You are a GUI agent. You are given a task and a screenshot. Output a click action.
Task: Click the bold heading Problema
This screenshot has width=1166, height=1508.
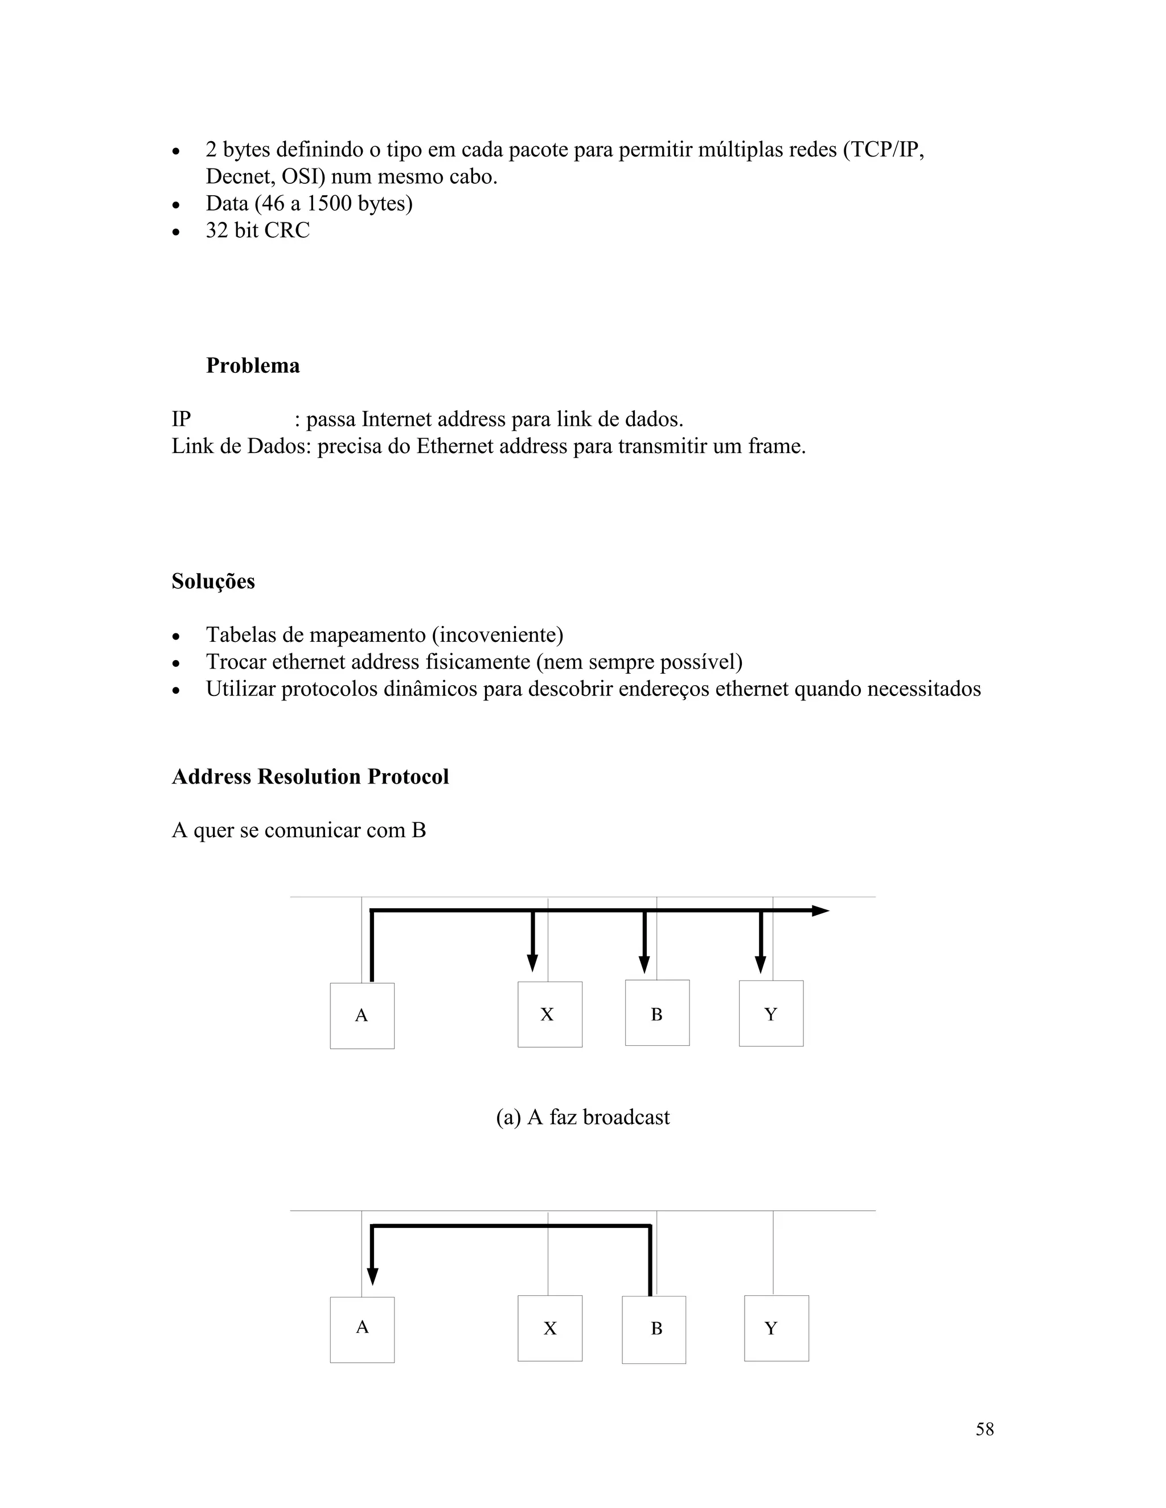coord(252,365)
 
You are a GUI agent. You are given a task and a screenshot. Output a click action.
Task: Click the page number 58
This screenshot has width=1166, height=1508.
coord(984,1429)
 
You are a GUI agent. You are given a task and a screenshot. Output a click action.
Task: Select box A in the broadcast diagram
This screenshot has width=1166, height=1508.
coord(362,1016)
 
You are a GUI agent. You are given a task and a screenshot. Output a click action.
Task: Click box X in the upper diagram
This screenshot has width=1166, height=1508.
coord(549,1014)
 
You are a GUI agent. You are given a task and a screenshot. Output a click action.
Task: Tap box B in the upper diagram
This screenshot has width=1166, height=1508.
coord(657,1013)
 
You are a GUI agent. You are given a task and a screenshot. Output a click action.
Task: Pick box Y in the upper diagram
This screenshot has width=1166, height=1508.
coord(771,1013)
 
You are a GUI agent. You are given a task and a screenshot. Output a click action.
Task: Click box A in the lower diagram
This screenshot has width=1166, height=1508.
coord(362,1329)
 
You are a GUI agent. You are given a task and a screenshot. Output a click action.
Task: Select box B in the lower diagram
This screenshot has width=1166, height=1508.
coord(654,1329)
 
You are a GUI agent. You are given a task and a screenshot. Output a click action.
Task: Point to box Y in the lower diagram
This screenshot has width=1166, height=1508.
coord(776,1329)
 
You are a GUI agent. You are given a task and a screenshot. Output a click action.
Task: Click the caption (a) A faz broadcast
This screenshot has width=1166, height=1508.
coord(582,1117)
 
